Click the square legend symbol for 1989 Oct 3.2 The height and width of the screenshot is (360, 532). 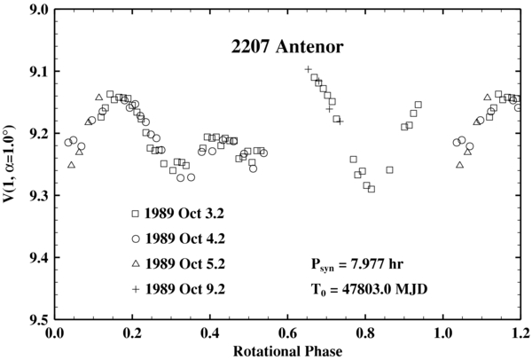tap(136, 214)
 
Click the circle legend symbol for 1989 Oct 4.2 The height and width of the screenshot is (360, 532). tap(136, 239)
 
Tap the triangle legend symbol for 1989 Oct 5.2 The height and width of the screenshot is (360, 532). tap(136, 263)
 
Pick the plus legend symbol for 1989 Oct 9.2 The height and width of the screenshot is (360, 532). tap(136, 288)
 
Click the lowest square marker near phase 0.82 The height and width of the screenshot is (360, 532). tap(372, 189)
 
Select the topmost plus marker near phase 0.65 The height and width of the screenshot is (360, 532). tap(308, 69)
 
